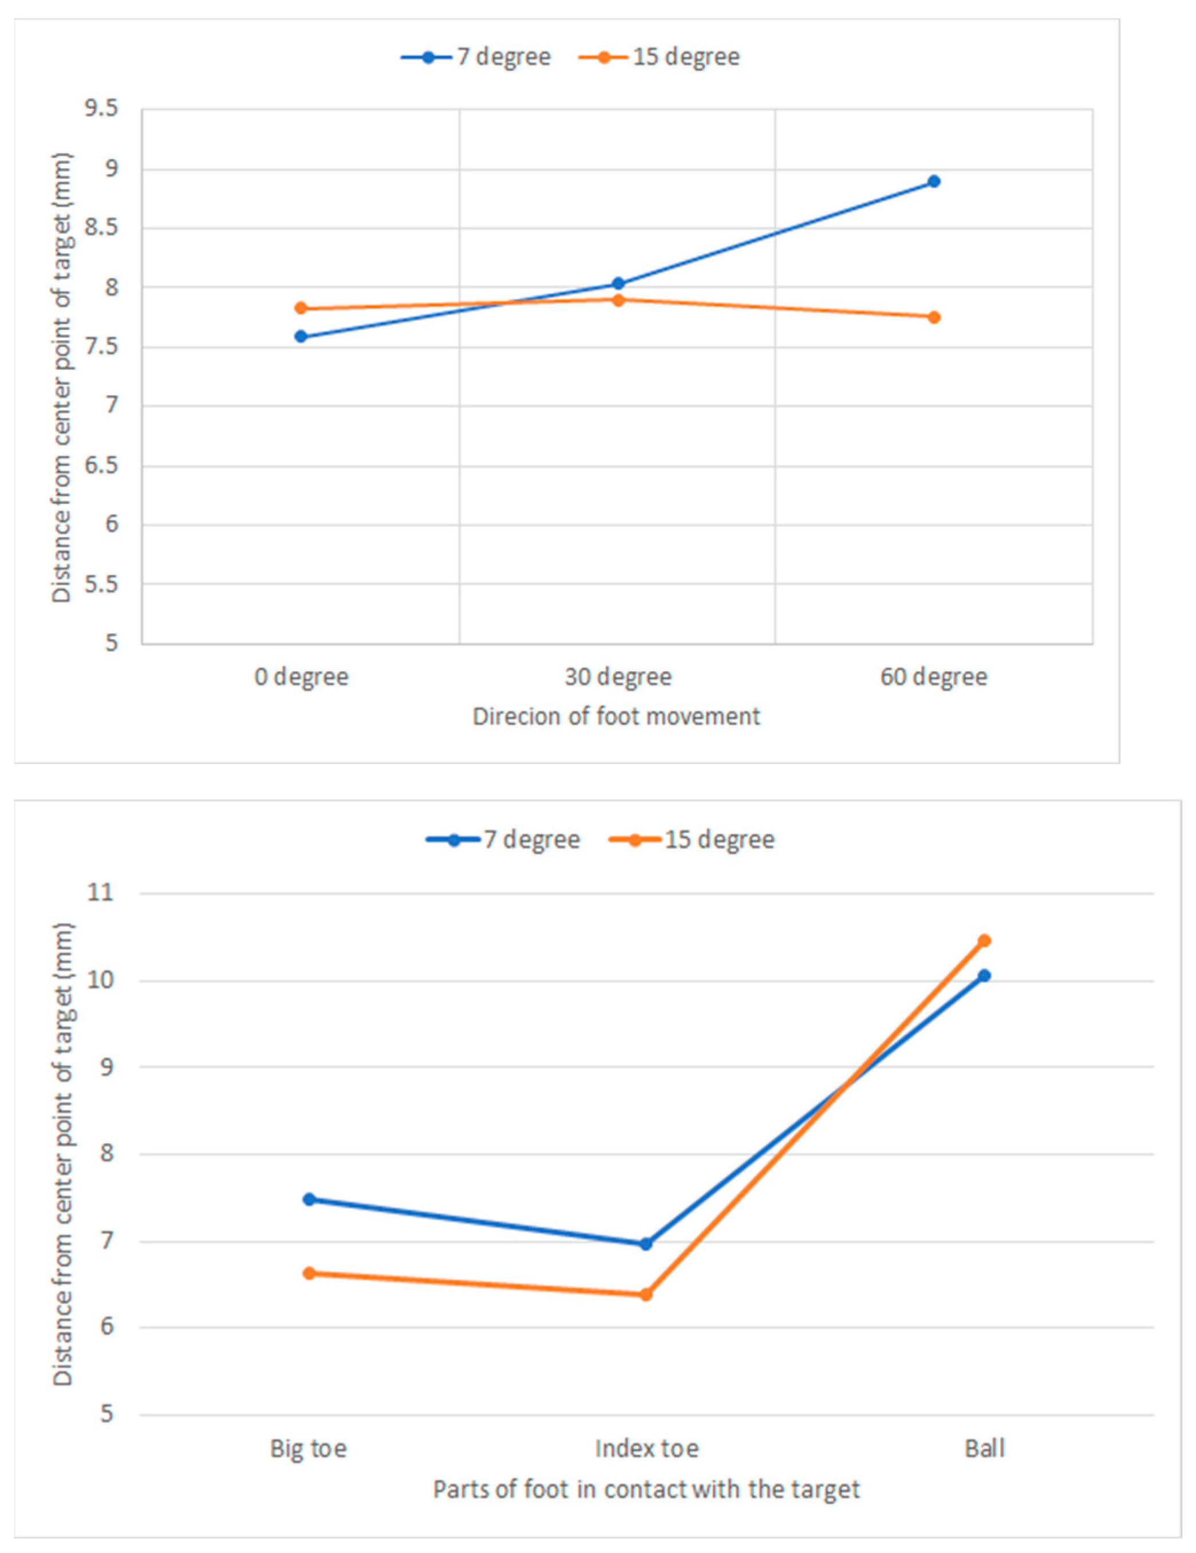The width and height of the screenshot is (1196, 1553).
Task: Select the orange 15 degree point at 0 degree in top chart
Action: click(301, 308)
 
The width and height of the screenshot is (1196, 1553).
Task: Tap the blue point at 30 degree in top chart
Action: click(618, 283)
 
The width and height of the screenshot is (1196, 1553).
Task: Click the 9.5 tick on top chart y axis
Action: click(101, 109)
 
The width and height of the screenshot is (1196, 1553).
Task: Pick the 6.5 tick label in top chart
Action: click(101, 466)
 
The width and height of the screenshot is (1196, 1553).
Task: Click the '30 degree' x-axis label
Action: click(618, 676)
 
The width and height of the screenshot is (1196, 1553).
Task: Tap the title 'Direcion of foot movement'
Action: click(616, 716)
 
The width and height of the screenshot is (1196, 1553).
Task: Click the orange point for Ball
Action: click(984, 941)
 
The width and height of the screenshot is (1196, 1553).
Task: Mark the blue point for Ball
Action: click(984, 976)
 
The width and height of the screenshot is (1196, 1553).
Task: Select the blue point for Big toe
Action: click(309, 1200)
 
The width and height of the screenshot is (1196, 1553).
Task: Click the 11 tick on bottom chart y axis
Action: click(100, 892)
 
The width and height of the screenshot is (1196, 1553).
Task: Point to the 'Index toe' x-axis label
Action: click(646, 1448)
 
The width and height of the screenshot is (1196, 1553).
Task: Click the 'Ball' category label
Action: click(984, 1448)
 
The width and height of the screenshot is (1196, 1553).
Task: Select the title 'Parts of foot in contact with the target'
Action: click(646, 1489)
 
